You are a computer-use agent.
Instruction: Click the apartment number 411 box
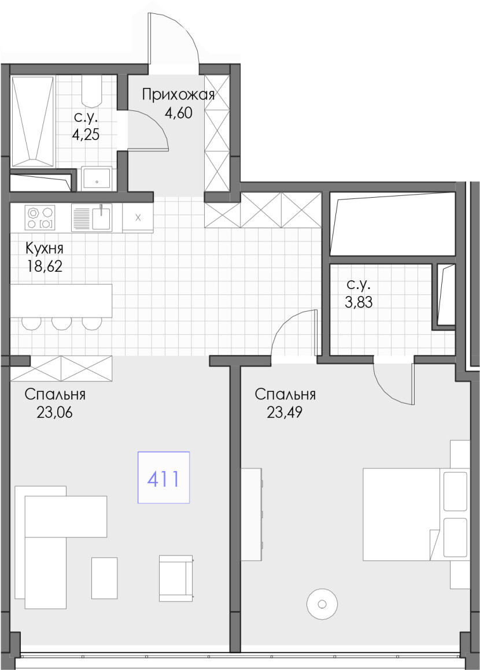tap(163, 477)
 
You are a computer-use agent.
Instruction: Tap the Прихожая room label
tap(178, 94)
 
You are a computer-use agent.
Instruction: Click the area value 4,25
tap(86, 135)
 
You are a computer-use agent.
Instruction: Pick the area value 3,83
tap(359, 302)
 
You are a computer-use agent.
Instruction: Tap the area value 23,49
tap(285, 412)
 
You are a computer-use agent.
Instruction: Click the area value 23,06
tap(55, 412)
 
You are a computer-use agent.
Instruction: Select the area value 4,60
tap(178, 113)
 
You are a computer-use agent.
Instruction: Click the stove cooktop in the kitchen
tap(40, 217)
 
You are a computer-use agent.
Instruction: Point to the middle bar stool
tap(60, 324)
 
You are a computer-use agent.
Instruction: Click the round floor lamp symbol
tap(322, 604)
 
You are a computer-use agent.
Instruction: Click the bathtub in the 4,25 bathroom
tap(33, 122)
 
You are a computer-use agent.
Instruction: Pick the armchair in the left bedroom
tap(176, 578)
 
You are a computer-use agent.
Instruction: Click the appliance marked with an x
tap(138, 217)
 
